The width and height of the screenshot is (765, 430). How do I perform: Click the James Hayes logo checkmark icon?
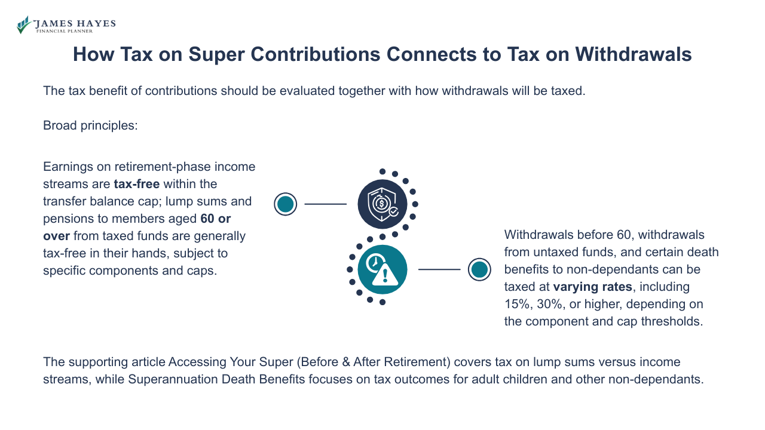23,25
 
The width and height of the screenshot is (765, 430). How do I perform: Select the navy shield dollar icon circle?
382,204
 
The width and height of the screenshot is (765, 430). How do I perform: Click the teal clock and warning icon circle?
382,269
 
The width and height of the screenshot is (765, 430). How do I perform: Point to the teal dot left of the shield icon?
286,204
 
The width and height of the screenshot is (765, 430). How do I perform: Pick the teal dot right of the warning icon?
479,269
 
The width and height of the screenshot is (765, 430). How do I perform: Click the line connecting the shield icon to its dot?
325,204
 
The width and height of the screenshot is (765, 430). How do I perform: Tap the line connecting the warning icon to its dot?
439,269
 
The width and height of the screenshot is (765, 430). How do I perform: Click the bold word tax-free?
137,184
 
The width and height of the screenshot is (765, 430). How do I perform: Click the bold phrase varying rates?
592,287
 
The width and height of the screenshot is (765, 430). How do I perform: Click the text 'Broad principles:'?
90,126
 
